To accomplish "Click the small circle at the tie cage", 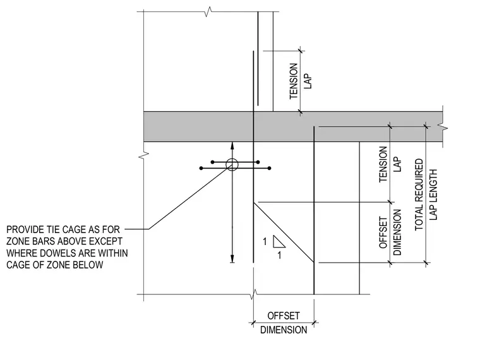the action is tap(232, 165).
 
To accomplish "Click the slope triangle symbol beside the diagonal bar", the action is tap(279, 241).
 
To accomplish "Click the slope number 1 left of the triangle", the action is tap(265, 242).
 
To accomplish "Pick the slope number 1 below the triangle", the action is tap(279, 255).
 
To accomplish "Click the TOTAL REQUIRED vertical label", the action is tap(419, 195).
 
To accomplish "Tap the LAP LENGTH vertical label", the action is tap(433, 195).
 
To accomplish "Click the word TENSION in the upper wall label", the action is tap(294, 81).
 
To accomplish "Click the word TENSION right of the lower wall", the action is tap(383, 164).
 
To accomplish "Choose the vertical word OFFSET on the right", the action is tap(383, 232).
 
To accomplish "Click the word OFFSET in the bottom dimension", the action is tap(284, 316).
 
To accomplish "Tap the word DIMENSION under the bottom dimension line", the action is tap(284, 330).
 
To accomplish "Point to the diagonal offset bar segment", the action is tap(284, 232).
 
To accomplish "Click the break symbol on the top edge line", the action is tap(208, 11).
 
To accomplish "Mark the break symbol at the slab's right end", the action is tap(443, 127).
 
